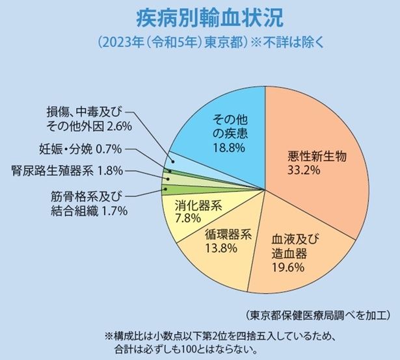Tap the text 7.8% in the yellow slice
click(193, 218)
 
